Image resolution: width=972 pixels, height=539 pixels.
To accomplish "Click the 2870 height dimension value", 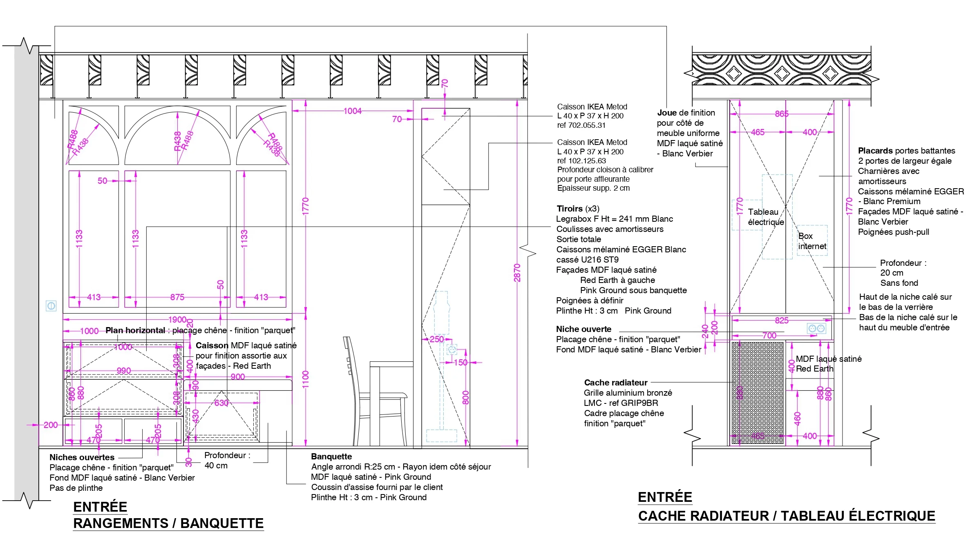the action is point(517,273).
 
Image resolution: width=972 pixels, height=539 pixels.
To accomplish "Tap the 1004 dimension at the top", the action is point(352,111).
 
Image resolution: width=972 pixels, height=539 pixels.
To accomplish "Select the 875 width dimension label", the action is point(177,297).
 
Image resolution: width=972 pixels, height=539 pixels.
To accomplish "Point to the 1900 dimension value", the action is point(177,319).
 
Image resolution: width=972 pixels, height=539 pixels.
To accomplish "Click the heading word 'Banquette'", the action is point(331,457).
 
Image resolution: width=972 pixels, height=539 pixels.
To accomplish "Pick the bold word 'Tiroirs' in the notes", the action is point(570,209).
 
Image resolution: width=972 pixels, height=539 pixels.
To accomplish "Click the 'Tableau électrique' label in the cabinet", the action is point(765,217).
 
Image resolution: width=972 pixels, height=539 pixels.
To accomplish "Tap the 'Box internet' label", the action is point(812,241).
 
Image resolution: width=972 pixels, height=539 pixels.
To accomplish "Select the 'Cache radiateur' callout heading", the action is point(615,383).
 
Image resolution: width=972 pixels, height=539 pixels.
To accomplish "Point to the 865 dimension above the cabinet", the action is point(782,114).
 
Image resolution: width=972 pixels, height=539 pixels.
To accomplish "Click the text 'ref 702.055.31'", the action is point(581,125).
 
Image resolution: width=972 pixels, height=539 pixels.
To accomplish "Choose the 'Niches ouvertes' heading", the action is point(82,457).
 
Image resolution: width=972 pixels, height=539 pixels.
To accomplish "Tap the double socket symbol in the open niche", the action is point(816,328).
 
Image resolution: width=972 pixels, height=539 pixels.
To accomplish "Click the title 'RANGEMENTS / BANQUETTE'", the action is point(168,523).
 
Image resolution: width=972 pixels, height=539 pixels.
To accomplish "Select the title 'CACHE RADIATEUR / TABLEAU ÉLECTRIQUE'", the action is point(787,516).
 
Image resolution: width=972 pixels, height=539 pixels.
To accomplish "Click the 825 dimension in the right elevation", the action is point(782,321).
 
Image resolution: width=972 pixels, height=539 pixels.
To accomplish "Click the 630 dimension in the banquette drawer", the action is point(221,403).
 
